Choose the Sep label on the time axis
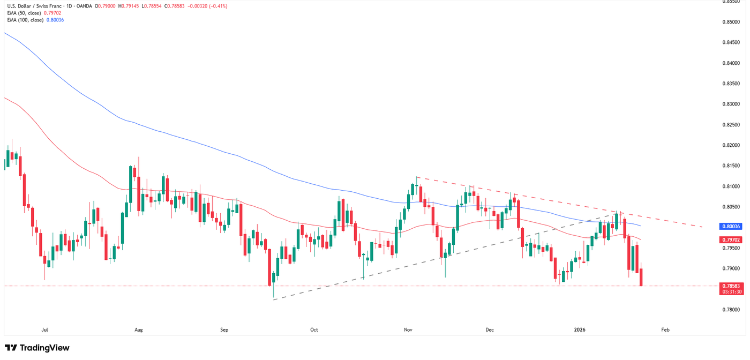224,329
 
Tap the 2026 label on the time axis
580,329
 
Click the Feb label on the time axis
665,329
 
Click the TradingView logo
37,348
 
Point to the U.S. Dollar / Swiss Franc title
33,6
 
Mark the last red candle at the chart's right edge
641,277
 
